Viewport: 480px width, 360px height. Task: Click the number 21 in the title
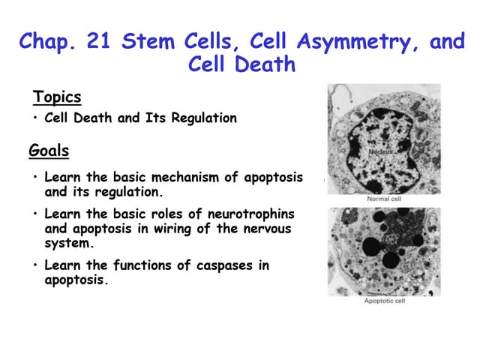[98, 41]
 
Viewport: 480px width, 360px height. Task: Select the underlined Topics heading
[57, 97]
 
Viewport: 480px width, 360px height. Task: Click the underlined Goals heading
[49, 151]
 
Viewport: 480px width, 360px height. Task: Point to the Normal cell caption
[384, 199]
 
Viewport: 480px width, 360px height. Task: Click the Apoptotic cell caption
[384, 301]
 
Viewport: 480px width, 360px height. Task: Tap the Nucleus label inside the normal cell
[381, 152]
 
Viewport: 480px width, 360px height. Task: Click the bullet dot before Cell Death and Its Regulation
[36, 118]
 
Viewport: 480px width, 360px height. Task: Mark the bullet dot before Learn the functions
[36, 265]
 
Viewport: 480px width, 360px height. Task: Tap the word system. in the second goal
[66, 242]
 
